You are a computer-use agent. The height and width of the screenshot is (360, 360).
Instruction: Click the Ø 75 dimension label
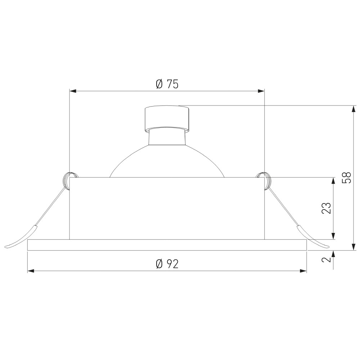pyautogui.click(x=167, y=84)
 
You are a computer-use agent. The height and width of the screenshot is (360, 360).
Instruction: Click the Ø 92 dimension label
pyautogui.click(x=167, y=264)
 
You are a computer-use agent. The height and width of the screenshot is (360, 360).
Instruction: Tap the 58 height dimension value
pyautogui.click(x=346, y=177)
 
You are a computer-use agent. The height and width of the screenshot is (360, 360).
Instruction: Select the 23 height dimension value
pyautogui.click(x=326, y=208)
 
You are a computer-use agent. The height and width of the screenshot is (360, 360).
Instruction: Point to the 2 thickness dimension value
pyautogui.click(x=326, y=260)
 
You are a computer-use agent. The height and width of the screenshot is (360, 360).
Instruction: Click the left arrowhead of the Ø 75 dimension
pyautogui.click(x=73, y=91)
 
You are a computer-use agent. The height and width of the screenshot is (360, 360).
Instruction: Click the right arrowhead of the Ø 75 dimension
pyautogui.click(x=261, y=91)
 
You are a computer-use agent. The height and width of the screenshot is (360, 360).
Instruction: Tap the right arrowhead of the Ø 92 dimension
pyautogui.click(x=303, y=271)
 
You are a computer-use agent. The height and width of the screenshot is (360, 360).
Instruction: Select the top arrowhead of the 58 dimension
pyautogui.click(x=354, y=109)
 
